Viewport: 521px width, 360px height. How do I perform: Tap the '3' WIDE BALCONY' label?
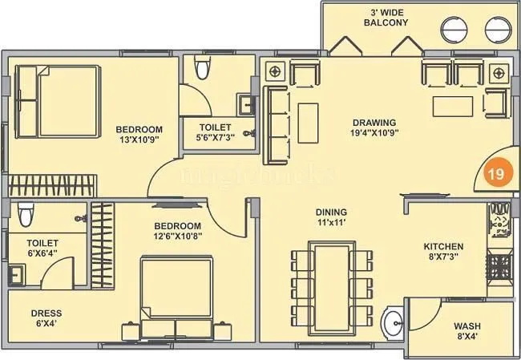(x=390, y=17)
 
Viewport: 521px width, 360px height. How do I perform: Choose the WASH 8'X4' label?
(x=467, y=331)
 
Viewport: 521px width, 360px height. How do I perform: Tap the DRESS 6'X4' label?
(x=46, y=318)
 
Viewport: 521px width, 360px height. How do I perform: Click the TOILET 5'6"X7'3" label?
(x=215, y=132)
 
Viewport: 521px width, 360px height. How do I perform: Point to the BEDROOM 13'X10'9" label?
(x=139, y=135)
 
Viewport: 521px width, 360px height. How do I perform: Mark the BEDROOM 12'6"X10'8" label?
(x=177, y=231)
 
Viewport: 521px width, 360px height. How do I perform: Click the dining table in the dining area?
(x=331, y=283)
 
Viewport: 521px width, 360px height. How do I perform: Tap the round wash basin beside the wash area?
(x=394, y=325)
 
